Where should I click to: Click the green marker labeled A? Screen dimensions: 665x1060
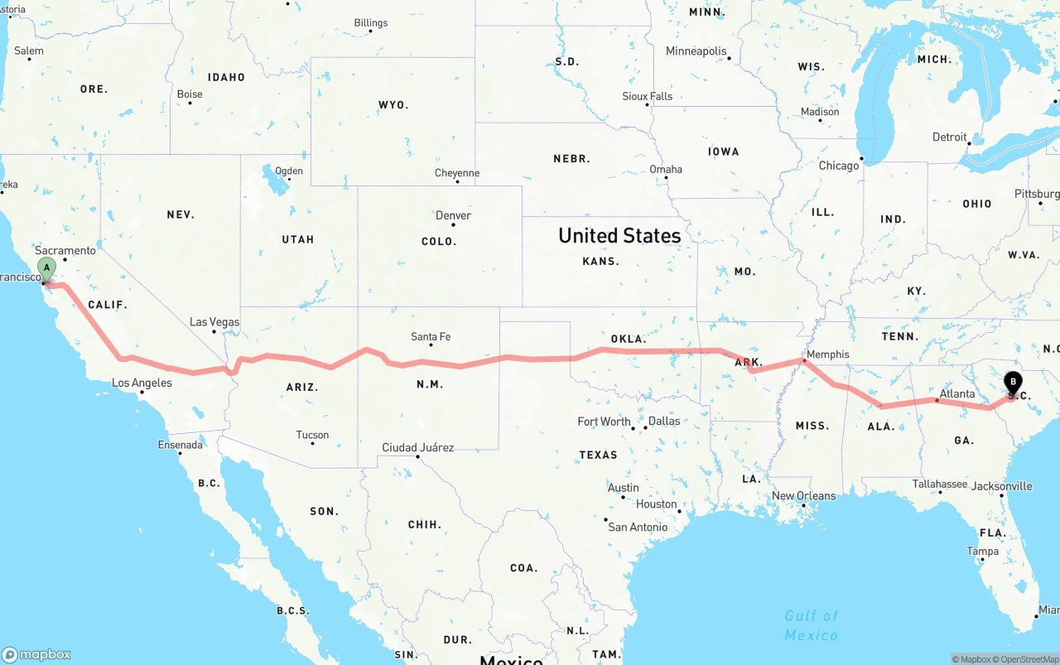tap(47, 268)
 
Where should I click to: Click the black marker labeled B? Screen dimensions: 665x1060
tap(1012, 383)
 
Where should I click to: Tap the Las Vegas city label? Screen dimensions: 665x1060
tap(214, 322)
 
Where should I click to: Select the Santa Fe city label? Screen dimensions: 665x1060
tap(431, 336)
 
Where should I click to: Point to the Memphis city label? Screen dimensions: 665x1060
tap(827, 354)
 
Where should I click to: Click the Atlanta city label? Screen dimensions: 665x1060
tap(957, 393)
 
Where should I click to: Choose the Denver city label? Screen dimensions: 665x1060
tap(453, 215)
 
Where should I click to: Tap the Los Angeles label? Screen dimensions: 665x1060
tap(142, 383)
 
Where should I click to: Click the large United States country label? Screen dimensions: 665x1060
tap(619, 235)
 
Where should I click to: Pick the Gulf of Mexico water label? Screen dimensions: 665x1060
tap(812, 624)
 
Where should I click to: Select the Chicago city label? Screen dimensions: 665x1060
tap(839, 166)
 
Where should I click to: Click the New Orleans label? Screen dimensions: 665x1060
tap(803, 496)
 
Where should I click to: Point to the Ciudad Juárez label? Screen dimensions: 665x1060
tap(417, 447)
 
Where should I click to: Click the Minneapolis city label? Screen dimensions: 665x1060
tap(696, 51)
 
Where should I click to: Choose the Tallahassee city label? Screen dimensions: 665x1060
tap(940, 484)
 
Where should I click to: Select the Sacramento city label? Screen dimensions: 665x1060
tap(65, 250)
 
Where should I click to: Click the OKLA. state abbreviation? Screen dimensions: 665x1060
tap(628, 339)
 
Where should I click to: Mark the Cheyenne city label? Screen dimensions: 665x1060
tap(457, 173)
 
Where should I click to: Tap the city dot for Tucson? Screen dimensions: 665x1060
tap(312, 443)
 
